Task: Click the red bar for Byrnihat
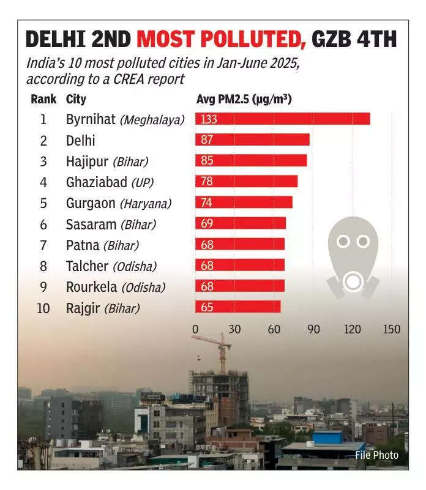point(283,119)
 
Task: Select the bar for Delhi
point(252,139)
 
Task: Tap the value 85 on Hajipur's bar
point(207,161)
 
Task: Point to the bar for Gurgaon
point(244,202)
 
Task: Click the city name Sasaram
point(91,224)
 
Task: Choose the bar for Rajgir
point(238,306)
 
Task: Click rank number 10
point(43,308)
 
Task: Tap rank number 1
point(43,119)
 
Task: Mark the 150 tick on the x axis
point(392,329)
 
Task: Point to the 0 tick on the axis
point(195,329)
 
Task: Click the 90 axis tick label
point(313,329)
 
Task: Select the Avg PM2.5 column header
point(244,99)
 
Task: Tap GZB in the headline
point(336,40)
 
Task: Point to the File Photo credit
point(376,455)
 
